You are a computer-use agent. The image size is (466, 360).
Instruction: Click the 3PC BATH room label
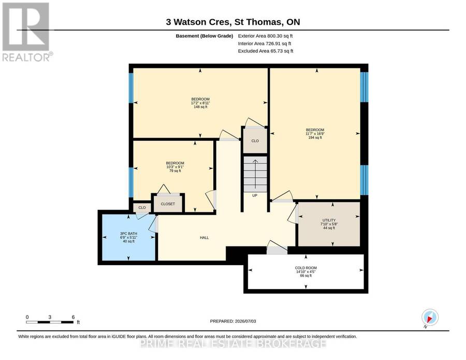coord(128,234)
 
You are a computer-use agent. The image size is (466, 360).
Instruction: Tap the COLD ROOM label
coord(305,268)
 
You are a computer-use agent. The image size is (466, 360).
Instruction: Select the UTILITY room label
coord(329,220)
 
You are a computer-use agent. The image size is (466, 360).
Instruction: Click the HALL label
coord(204,238)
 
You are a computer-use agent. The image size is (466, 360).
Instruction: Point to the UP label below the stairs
coord(255,196)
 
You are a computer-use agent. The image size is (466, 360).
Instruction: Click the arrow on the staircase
coord(255,176)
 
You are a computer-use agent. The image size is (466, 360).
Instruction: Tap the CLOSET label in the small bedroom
coord(168,204)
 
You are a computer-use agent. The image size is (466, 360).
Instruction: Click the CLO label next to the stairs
coord(255,141)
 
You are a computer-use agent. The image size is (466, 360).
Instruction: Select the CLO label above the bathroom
coord(142,208)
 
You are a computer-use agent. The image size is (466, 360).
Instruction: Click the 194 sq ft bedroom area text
coord(315,138)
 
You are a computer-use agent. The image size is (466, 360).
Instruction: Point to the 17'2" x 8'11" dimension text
coord(200,103)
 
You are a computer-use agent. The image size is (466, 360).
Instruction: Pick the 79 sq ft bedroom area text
coord(175,170)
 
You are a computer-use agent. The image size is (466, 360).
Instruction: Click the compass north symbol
coord(430,318)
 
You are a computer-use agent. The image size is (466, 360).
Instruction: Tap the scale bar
coord(50,322)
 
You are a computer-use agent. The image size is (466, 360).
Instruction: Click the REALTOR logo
coord(27,31)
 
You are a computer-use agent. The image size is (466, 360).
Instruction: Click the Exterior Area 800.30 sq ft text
coord(266,36)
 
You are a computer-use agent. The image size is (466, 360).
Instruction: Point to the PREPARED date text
coord(233,321)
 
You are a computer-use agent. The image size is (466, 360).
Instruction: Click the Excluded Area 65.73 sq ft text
coord(266,51)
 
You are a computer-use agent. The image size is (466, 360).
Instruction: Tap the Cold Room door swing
coord(277,247)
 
